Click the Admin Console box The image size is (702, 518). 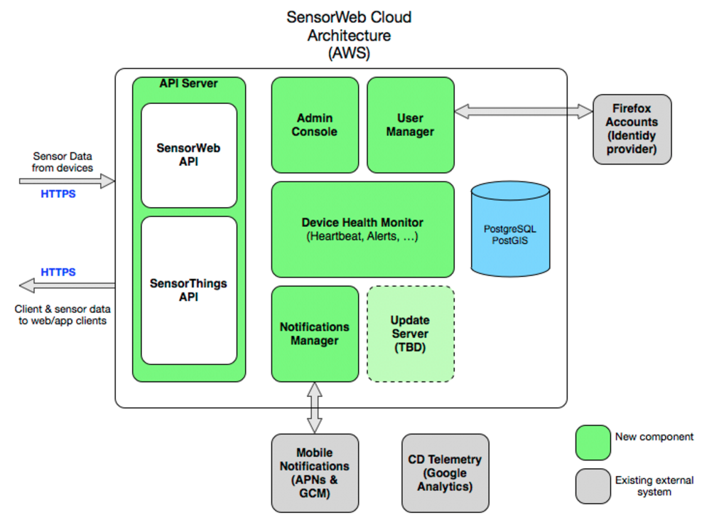pos(315,125)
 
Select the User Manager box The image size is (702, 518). pos(411,125)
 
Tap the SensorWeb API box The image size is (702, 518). pos(189,156)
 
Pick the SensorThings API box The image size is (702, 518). pos(189,290)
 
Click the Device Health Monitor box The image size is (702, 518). pos(362,230)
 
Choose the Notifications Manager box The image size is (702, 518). pos(315,334)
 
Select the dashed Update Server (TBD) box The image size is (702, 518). pos(411,334)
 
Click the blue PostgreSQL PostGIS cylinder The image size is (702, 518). pos(510,229)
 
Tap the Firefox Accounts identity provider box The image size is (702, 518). pos(632,129)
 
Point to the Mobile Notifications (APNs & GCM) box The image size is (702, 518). pos(315,473)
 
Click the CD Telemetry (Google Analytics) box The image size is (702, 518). pos(445,473)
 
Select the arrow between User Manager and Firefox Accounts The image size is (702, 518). pos(524,112)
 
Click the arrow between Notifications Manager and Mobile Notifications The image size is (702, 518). pos(315,408)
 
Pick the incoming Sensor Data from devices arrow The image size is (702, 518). pos(67,181)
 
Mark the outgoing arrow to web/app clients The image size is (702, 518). pos(67,286)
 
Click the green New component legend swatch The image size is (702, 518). pos(593,443)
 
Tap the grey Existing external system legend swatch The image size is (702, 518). pos(593,486)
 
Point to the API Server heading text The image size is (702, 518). pos(188,83)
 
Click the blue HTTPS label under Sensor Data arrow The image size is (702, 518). pos(58,194)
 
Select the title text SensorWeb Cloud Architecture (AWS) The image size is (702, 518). pos(349,35)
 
